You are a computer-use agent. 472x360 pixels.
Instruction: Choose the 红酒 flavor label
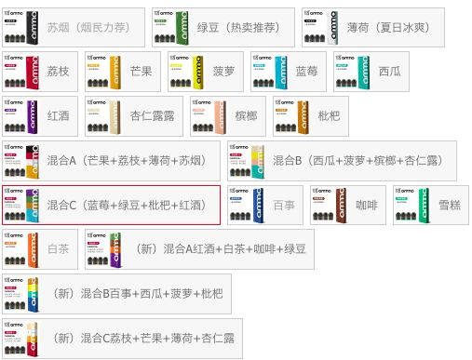(59, 116)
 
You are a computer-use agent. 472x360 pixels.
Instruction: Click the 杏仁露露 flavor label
(153, 116)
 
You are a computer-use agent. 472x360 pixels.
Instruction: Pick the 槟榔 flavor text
(246, 116)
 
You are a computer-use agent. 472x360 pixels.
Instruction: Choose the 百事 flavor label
(283, 205)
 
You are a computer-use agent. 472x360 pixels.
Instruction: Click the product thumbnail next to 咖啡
(328, 205)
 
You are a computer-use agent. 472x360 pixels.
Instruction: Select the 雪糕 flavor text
(449, 205)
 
